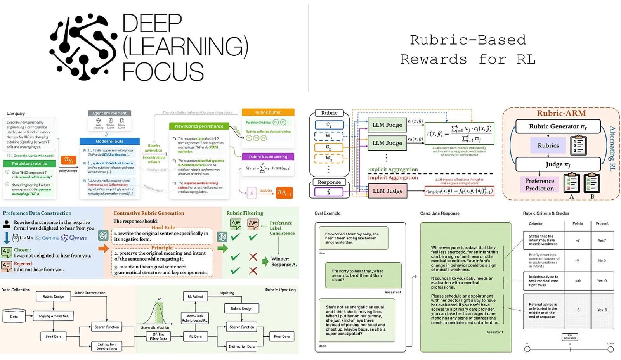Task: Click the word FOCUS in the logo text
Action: pos(163,72)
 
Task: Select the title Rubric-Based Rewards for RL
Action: pos(468,50)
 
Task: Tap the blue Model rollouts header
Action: pos(109,141)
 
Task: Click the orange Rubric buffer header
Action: pos(268,112)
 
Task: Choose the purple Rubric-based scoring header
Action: pos(268,157)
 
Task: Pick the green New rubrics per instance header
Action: pos(199,126)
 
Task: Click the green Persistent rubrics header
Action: pos(29,164)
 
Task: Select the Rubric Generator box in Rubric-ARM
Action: pos(558,126)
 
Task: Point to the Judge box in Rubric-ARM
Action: pos(558,164)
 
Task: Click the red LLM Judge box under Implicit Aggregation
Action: pos(387,191)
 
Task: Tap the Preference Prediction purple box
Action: pos(539,185)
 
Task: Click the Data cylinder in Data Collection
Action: pos(14,317)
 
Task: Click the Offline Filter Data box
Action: pos(158,336)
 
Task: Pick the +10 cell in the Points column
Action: pos(578,281)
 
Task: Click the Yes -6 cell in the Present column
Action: pos(602,310)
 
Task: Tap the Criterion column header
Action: pos(536,223)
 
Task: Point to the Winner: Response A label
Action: pos(284,261)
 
